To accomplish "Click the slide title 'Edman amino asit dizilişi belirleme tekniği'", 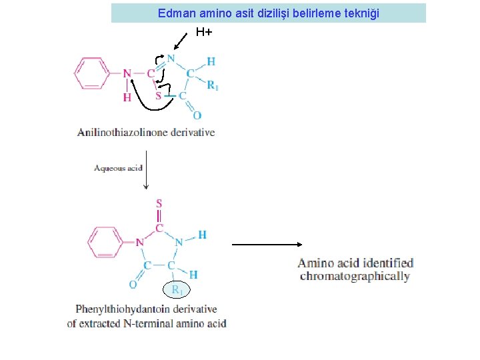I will [268, 13].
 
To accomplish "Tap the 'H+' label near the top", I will [204, 31].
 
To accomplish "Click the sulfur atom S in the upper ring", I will [159, 96].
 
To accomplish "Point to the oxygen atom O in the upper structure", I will [197, 115].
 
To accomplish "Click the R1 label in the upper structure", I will [212, 85].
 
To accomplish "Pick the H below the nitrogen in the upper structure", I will [127, 97].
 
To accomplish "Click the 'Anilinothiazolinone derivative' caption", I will [146, 132].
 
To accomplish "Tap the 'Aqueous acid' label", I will [119, 167].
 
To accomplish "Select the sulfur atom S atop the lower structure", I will [159, 203].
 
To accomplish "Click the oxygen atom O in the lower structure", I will [133, 285].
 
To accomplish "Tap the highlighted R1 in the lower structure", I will [177, 289].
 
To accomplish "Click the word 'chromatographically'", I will [355, 276].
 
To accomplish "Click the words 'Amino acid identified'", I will [355, 263].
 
